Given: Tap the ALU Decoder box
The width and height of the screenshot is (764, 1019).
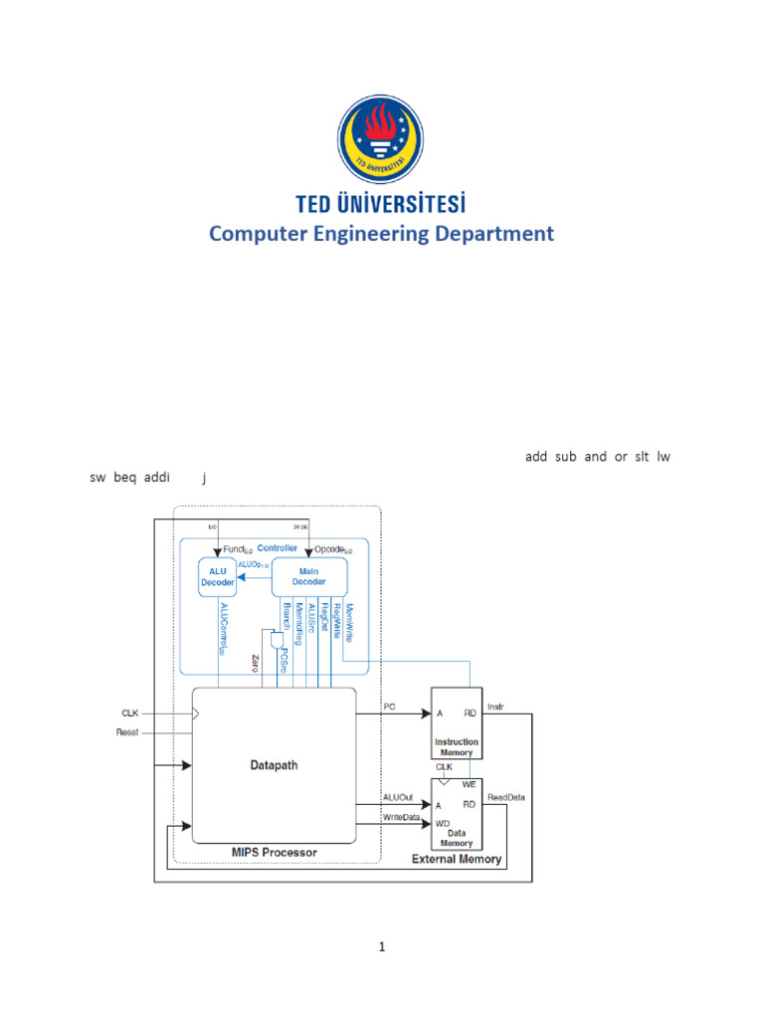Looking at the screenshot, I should coord(217,577).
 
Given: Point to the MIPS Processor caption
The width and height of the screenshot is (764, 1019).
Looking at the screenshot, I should coord(274,853).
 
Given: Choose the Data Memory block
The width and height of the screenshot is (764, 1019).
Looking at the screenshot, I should coord(457,810).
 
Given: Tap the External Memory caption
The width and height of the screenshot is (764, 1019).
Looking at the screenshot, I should coord(458,859).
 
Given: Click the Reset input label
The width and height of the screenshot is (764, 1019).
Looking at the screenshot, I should coord(126,732).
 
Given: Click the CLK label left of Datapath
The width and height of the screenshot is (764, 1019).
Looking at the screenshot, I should coord(130,713).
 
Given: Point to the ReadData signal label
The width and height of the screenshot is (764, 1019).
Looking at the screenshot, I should coord(506,797).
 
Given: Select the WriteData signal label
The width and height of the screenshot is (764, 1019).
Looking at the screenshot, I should coord(403,817).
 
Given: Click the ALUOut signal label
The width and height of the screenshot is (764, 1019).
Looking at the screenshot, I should coord(400,797).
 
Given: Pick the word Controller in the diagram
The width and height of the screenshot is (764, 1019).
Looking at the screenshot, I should coord(278,548).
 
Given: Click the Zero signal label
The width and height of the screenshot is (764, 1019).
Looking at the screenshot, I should coord(256,665).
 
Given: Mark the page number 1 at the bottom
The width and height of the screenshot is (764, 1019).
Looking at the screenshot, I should coord(381,947).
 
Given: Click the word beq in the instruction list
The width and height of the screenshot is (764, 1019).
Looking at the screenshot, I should coord(124,478).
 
